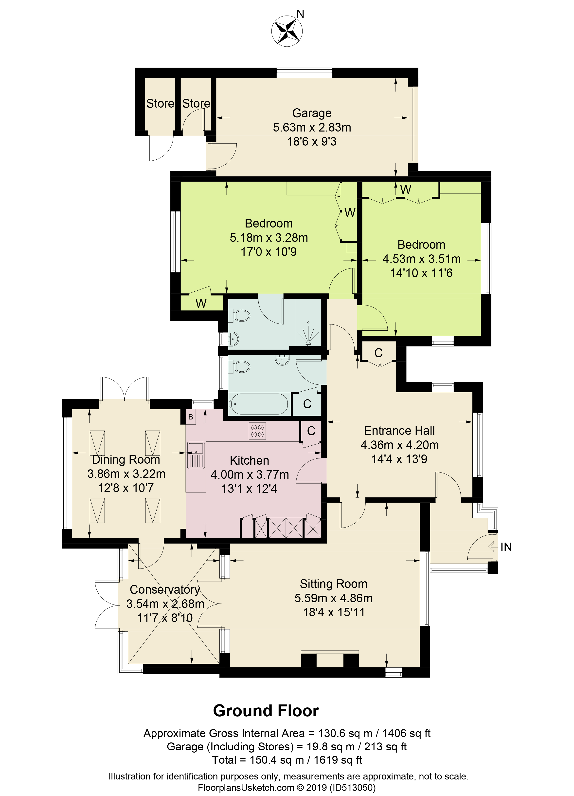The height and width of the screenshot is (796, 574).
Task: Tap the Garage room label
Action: (x=312, y=113)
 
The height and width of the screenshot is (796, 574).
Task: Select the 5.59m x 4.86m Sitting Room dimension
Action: (x=333, y=598)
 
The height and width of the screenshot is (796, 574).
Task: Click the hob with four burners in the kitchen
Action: (x=257, y=431)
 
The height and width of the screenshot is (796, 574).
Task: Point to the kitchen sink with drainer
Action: (x=196, y=455)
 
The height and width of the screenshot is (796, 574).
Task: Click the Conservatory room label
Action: (x=165, y=590)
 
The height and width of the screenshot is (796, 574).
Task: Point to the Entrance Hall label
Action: (x=399, y=431)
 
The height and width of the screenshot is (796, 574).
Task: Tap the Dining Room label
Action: (x=126, y=460)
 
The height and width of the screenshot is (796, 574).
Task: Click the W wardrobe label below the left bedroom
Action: (x=201, y=303)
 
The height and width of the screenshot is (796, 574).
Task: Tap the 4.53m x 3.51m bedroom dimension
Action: (x=421, y=259)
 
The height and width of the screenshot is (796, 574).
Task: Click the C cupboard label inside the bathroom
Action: (x=307, y=404)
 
